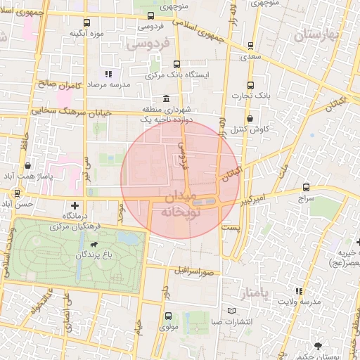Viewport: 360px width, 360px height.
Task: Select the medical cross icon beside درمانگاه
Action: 75,205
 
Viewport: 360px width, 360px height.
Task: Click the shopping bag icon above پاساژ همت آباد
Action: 27,166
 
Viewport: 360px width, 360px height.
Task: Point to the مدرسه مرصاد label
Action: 105,84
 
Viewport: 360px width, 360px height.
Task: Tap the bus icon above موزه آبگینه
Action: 86,23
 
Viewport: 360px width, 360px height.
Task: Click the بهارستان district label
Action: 320,35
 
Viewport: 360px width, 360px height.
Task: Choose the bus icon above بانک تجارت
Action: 252,83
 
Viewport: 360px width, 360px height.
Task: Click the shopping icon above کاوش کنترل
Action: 251,119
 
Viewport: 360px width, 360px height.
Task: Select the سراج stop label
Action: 306,199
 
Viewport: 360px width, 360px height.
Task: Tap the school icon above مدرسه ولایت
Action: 300,291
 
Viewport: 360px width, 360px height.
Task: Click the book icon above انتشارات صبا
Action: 232,311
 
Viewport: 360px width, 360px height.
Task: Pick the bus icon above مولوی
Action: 167,316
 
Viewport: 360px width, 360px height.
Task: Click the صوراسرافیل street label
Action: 192,269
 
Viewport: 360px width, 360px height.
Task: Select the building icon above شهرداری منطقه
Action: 165,98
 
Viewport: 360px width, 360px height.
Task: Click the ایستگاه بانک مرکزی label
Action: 174,74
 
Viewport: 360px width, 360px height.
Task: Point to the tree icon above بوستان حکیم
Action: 319,346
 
